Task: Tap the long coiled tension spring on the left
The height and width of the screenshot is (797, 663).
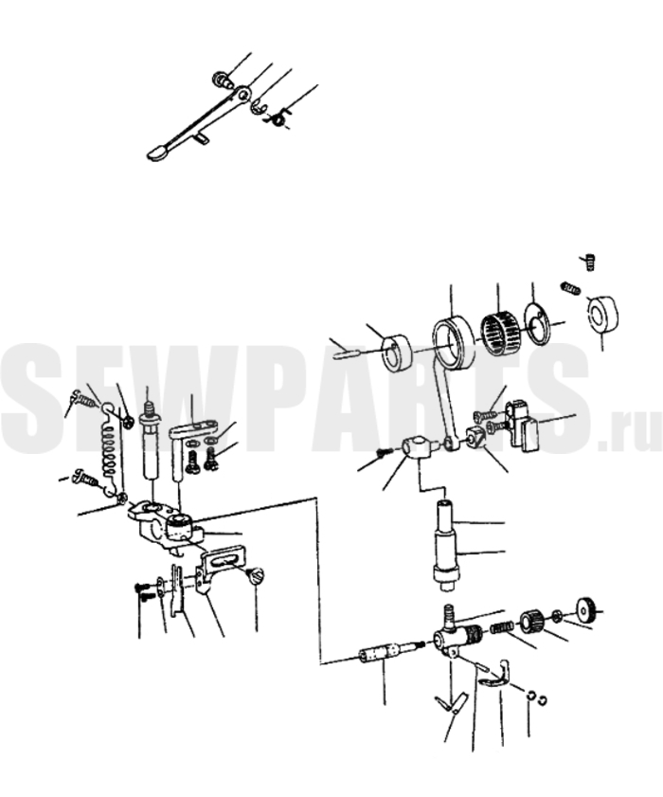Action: [x=109, y=450]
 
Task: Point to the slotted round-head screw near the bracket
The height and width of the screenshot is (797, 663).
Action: [x=256, y=576]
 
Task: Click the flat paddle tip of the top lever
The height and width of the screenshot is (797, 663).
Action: [x=158, y=152]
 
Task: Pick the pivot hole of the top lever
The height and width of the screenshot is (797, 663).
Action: [x=243, y=94]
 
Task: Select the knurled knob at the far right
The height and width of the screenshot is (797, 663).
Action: [x=587, y=609]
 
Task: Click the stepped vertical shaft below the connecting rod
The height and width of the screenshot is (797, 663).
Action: [x=446, y=546]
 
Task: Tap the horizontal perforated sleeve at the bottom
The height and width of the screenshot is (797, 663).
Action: [x=385, y=653]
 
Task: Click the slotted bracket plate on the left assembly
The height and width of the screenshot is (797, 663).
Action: [x=220, y=567]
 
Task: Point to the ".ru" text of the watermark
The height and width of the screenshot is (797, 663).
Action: [x=630, y=434]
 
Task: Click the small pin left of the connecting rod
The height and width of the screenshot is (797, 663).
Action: [x=347, y=353]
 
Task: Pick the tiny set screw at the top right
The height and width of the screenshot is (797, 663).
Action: [x=589, y=263]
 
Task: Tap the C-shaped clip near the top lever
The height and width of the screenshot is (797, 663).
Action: [x=260, y=107]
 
